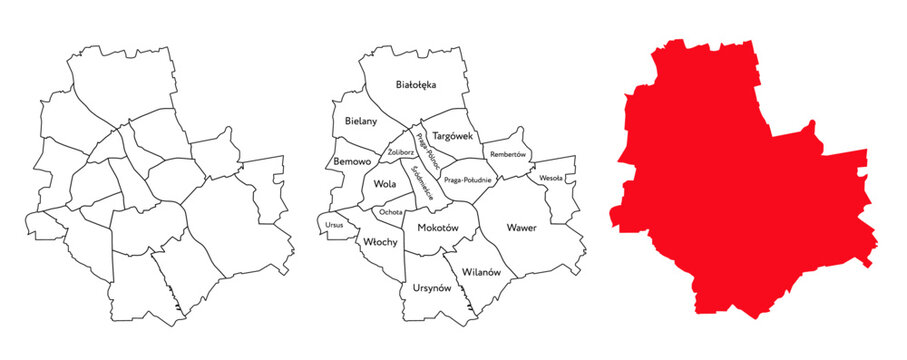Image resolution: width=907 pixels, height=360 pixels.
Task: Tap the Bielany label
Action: pyautogui.click(x=361, y=121)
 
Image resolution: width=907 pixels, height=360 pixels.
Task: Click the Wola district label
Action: pyautogui.click(x=384, y=185)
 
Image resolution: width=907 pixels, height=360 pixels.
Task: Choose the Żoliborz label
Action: pyautogui.click(x=400, y=153)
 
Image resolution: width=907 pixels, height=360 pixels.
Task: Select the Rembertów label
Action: pyautogui.click(x=509, y=155)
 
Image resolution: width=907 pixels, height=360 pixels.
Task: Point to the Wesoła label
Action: pyautogui.click(x=551, y=178)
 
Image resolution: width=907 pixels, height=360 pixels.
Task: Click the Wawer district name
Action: pyautogui.click(x=521, y=228)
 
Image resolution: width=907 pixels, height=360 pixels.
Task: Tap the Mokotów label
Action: pyautogui.click(x=438, y=228)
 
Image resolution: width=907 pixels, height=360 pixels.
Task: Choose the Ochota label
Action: pyautogui.click(x=391, y=212)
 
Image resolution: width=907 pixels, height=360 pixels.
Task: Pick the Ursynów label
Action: pyautogui.click(x=432, y=288)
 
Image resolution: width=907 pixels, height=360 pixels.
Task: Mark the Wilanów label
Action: pyautogui.click(x=481, y=271)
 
